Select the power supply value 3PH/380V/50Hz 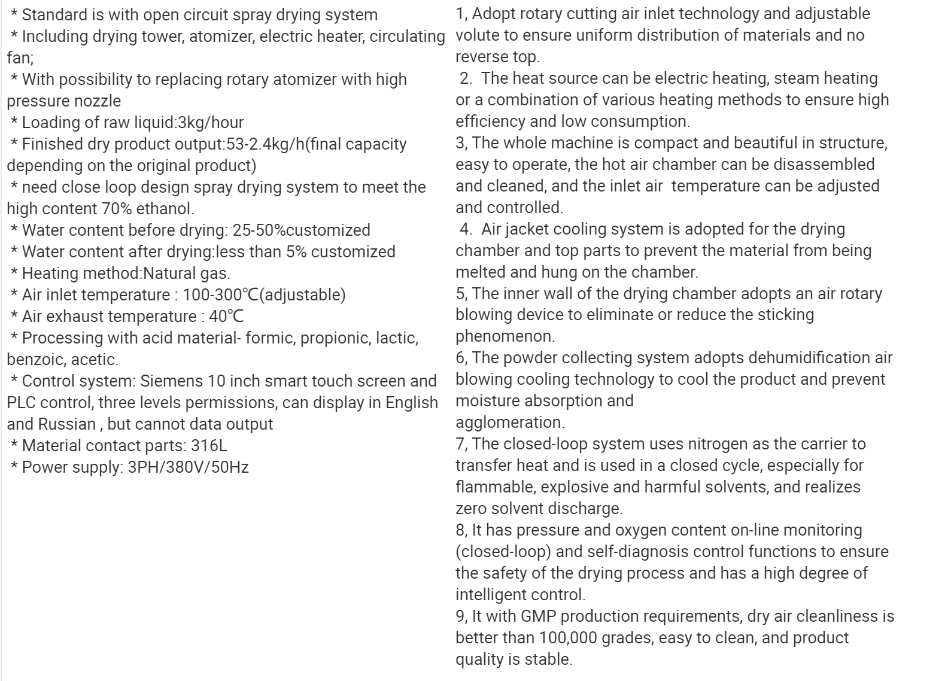(x=188, y=467)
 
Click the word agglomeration (x=510, y=422)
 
